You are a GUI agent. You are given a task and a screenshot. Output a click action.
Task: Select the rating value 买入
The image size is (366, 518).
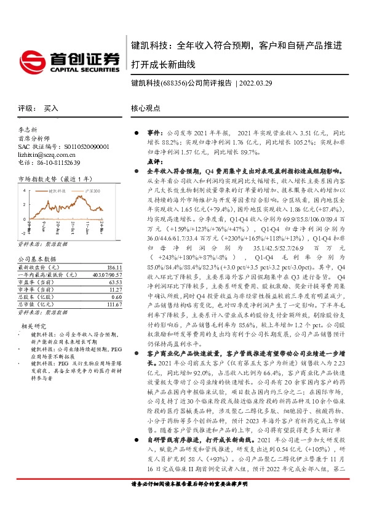click(x=51, y=108)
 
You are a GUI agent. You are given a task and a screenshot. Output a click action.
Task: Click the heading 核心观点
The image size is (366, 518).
click(x=145, y=108)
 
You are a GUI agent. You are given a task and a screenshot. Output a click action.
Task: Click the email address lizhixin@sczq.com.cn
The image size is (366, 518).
click(x=44, y=154)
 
